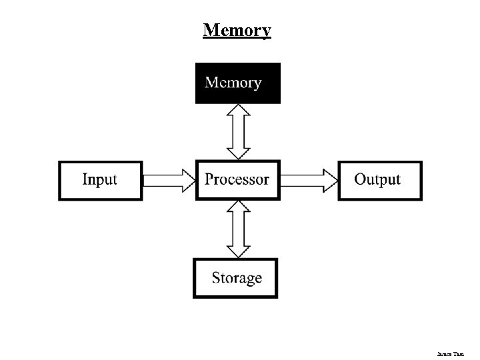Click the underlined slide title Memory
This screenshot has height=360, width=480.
click(237, 31)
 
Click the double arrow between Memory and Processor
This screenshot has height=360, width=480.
click(238, 132)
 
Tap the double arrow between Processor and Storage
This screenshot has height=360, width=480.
click(238, 229)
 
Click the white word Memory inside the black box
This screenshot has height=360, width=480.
click(233, 83)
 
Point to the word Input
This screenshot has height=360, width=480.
click(99, 179)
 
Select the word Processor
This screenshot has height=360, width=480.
click(237, 179)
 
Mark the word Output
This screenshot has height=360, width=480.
click(377, 179)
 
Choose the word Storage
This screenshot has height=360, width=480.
click(237, 278)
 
